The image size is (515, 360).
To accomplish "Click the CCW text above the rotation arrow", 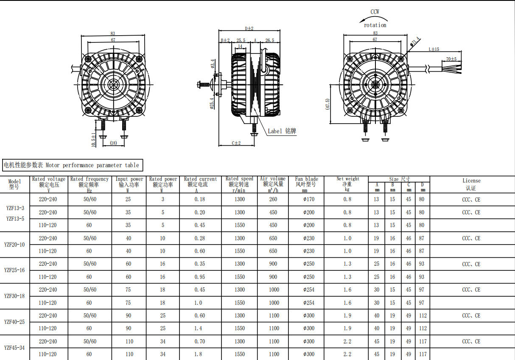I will click(375, 12).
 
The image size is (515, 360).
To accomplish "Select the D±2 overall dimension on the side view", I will click(249, 28).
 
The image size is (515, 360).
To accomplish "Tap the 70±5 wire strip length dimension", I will click(451, 59).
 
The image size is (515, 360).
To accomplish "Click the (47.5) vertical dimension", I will click(327, 104).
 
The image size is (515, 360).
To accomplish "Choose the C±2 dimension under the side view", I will click(236, 143).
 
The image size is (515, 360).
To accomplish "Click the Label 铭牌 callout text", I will click(282, 131).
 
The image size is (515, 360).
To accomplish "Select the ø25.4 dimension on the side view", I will click(212, 103).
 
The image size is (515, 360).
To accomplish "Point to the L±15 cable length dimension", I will click(434, 50).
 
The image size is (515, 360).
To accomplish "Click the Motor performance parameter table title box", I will click(71, 165).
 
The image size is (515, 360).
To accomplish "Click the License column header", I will click(471, 184).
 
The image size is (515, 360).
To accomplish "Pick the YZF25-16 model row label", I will click(14, 270).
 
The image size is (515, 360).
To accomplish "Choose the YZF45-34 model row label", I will click(14, 348).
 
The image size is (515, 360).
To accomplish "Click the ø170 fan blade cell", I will click(309, 200).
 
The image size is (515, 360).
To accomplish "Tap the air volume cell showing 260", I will click(273, 200).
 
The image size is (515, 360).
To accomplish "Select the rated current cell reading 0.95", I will click(200, 277).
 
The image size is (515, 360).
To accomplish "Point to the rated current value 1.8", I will click(200, 354).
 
